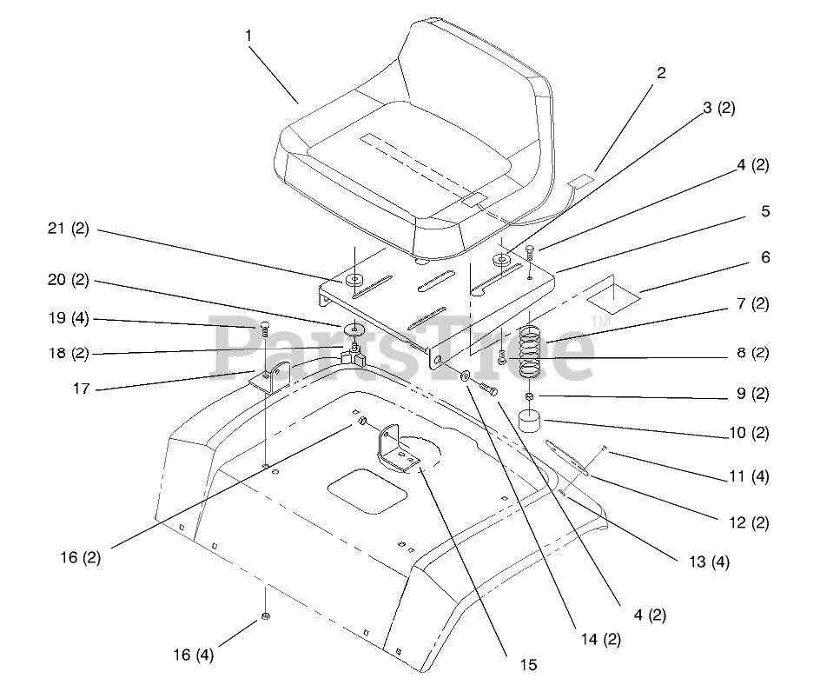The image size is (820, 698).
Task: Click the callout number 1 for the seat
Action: coord(248,36)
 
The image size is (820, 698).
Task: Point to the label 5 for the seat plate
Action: coord(764,211)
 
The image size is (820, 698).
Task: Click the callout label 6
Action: coord(764,258)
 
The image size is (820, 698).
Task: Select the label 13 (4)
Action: coord(710,562)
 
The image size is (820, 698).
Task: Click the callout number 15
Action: coord(529,665)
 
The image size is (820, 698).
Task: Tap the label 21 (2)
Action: coord(69,231)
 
